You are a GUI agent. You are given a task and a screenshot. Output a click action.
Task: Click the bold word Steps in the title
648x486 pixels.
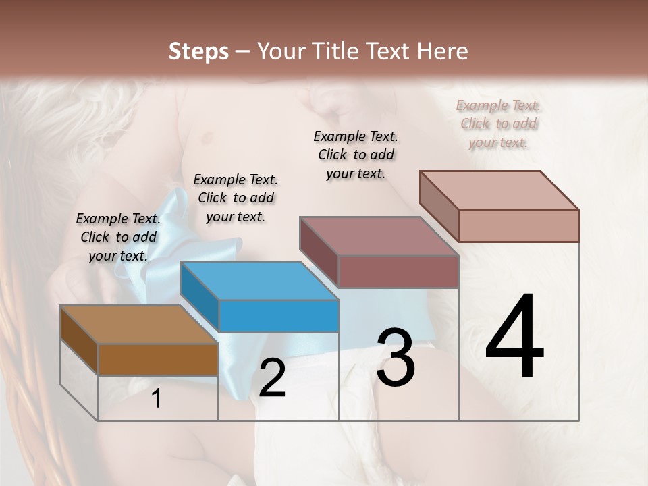click(x=198, y=51)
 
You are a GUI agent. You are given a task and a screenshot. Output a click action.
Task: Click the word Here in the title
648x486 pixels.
click(x=442, y=51)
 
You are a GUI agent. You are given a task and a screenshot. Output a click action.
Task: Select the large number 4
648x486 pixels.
click(x=514, y=337)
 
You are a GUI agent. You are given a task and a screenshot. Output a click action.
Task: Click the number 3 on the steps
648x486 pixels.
click(x=396, y=358)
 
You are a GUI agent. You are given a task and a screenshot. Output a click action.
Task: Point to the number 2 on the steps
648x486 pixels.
click(x=272, y=379)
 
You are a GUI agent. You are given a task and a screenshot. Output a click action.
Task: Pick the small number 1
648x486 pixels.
click(x=157, y=399)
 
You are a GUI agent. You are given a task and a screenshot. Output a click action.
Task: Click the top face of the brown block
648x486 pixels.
click(x=138, y=325)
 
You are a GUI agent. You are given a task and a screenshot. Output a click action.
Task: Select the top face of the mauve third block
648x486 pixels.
click(x=379, y=236)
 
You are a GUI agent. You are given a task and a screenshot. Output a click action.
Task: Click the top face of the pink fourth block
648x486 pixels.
click(x=499, y=190)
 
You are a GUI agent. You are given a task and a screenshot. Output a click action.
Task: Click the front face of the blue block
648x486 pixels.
click(x=279, y=316)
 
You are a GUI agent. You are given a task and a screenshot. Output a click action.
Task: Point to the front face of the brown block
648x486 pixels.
click(x=158, y=359)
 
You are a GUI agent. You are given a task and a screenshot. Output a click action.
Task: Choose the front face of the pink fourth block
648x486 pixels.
click(x=518, y=225)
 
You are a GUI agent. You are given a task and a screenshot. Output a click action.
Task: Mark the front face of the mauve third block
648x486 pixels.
click(x=398, y=271)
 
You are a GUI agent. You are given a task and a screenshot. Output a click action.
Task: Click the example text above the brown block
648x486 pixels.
click(x=118, y=238)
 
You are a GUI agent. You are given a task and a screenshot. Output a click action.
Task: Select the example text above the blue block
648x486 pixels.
click(x=236, y=198)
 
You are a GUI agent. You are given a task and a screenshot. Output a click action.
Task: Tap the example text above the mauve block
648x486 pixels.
click(x=356, y=155)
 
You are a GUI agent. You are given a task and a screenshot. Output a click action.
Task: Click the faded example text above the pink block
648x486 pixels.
click(x=498, y=124)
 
